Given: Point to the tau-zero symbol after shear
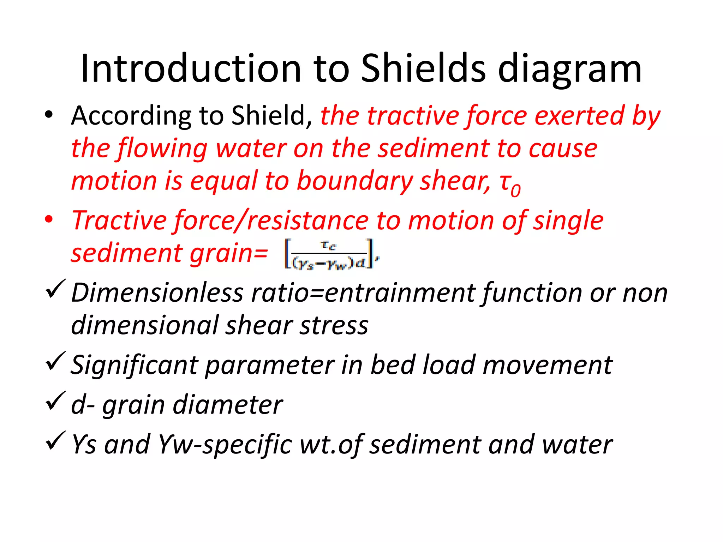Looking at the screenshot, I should point(510,184).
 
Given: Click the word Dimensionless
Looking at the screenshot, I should point(157,293).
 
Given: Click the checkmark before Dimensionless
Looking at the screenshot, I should point(55,289).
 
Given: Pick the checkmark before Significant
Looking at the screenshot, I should point(55,361).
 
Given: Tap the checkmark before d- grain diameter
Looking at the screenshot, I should point(55,401).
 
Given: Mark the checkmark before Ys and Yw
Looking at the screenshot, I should point(55,441).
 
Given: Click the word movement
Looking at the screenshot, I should point(547,365).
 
